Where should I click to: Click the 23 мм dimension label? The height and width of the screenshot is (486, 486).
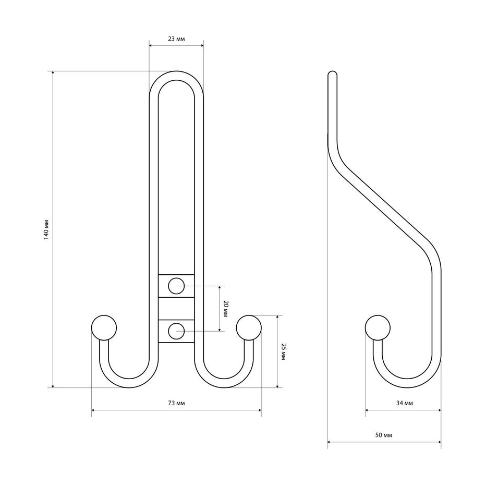click(176, 39)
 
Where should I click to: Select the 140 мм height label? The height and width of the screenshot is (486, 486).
click(46, 230)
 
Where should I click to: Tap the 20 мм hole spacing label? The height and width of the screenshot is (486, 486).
click(226, 308)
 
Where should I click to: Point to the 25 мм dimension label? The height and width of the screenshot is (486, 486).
click(283, 352)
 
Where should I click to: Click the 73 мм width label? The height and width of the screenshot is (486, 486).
click(176, 403)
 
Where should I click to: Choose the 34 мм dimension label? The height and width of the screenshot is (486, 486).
click(405, 403)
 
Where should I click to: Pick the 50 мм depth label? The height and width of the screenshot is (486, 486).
click(384, 435)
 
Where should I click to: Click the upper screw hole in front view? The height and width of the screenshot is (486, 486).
click(176, 286)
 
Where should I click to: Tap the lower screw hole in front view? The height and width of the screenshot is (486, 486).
click(176, 331)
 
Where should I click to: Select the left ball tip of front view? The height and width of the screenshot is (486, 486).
click(104, 328)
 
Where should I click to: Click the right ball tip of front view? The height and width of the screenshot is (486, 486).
click(249, 328)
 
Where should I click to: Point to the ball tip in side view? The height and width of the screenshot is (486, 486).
click(378, 328)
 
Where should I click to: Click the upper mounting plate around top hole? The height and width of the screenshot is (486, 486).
click(176, 286)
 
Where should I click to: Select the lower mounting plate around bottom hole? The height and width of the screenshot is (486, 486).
click(176, 331)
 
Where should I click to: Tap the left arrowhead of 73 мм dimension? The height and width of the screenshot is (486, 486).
click(93, 410)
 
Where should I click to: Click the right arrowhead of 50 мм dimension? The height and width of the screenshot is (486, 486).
click(439, 442)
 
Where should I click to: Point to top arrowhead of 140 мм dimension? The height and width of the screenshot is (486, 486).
click(53, 73)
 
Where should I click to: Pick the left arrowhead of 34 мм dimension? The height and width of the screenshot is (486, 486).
click(367, 410)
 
